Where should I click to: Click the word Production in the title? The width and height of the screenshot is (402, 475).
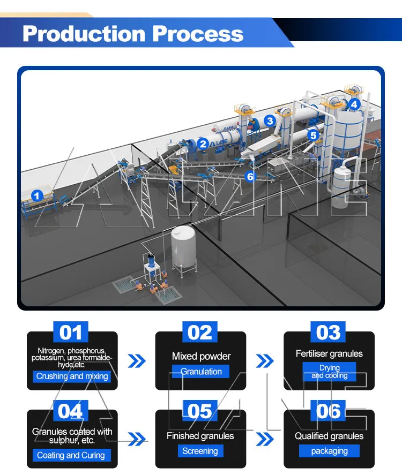click(x=84, y=34)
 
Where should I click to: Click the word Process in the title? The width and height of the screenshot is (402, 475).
click(x=198, y=34)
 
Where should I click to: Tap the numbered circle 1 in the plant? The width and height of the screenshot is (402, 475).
click(x=37, y=195)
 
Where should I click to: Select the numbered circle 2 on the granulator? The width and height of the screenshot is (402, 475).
click(x=203, y=144)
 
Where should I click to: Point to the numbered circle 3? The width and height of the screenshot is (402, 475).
click(x=270, y=121)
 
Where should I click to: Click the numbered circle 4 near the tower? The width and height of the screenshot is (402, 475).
click(x=354, y=104)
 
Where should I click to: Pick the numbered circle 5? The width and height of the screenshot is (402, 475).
click(x=313, y=135)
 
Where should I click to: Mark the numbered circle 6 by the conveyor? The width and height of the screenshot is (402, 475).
click(x=250, y=176)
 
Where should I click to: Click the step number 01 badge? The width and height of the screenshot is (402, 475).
click(x=71, y=332)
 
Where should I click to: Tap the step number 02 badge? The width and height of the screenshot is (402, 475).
click(x=200, y=332)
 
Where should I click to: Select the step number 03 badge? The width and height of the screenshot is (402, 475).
click(x=328, y=332)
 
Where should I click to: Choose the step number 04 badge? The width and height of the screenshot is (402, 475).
click(x=71, y=411)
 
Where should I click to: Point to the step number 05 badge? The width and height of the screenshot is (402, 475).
click(x=200, y=411)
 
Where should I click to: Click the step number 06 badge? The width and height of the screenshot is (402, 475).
click(x=328, y=411)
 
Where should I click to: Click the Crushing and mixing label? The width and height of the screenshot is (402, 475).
click(x=72, y=376)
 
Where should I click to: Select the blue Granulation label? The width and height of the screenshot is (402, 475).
click(x=200, y=372)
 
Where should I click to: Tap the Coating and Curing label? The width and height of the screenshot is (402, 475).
click(x=71, y=455)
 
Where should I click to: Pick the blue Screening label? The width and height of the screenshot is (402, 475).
click(x=200, y=451)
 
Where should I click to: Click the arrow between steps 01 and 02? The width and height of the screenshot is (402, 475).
click(x=137, y=361)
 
